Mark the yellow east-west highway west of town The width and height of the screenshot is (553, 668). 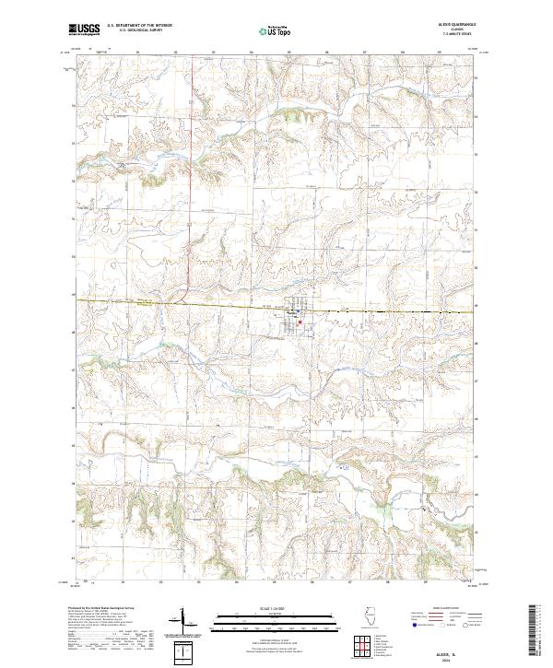point(138,300)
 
